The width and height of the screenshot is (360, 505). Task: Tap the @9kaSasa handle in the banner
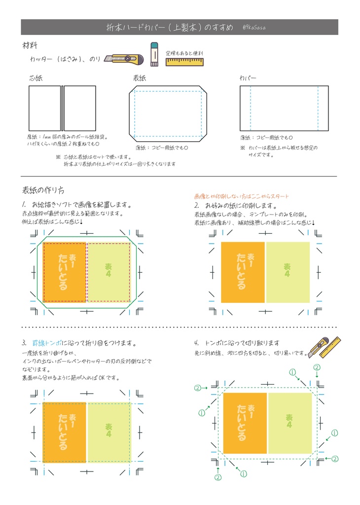pos(255,27)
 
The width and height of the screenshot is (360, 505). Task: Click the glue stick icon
pos(153,54)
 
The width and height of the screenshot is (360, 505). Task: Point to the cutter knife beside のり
pos(124,59)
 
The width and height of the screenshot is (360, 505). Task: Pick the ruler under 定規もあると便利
pos(184,61)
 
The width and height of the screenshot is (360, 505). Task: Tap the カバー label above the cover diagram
pos(248,78)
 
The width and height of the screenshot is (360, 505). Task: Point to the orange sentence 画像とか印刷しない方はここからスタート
pos(242,196)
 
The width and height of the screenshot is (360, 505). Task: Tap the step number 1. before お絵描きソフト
pos(24,204)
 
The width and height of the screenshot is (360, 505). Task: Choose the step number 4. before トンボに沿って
pos(196,343)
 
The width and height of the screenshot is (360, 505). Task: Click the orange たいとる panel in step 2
pos(243,272)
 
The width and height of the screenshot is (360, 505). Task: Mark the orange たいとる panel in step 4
pos(245,423)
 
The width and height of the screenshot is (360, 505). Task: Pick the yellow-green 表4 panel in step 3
pos(109,432)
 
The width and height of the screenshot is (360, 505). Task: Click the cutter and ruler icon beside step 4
pos(324,347)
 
